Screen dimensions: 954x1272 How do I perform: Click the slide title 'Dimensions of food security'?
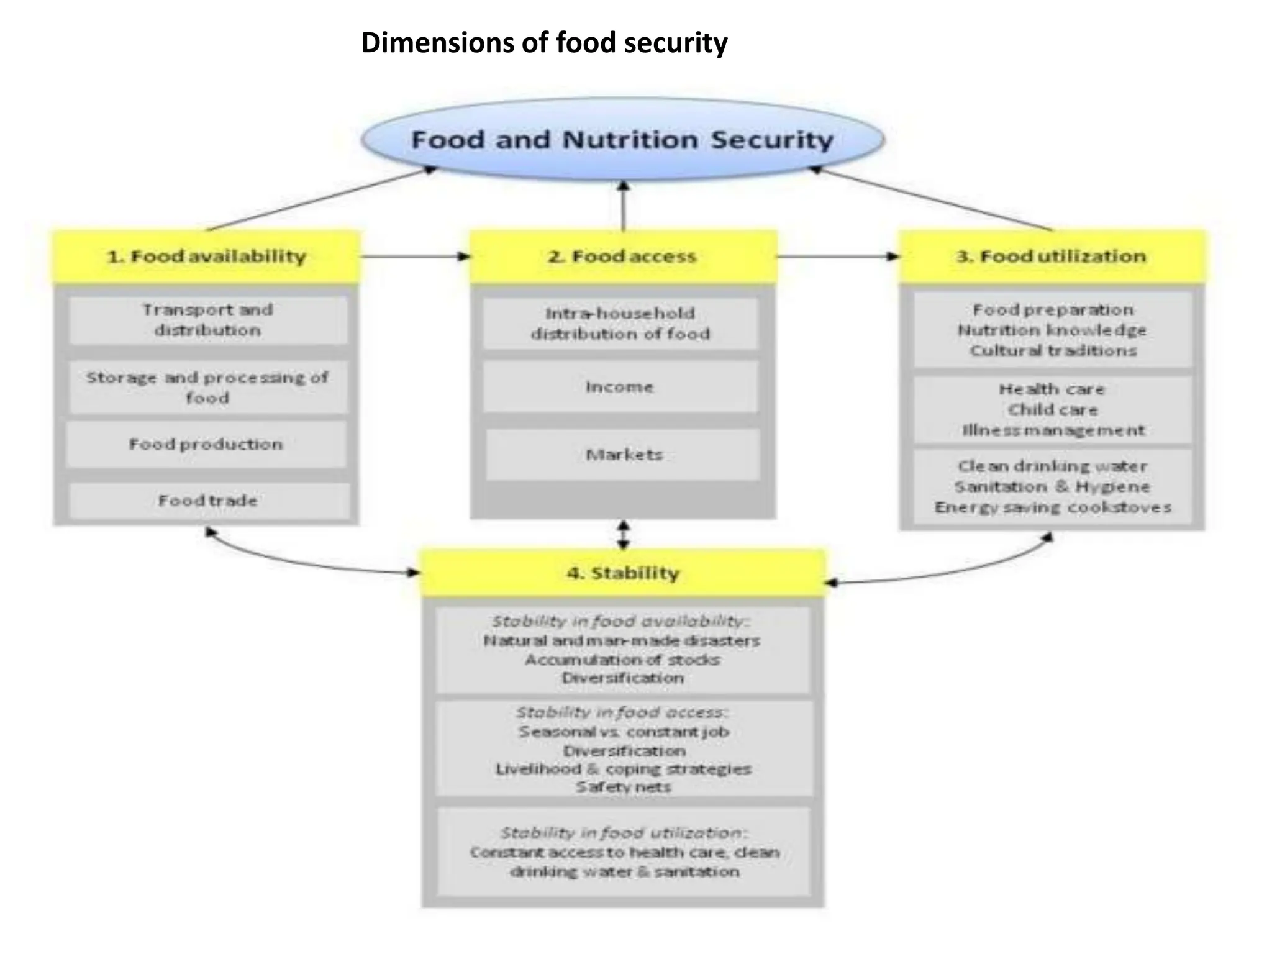(x=544, y=43)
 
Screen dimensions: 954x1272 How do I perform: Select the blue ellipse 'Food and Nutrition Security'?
(x=622, y=139)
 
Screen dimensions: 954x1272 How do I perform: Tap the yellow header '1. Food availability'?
(x=206, y=257)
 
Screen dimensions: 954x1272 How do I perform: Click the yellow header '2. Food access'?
(x=622, y=257)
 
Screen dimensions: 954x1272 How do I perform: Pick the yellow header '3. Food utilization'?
(x=1052, y=257)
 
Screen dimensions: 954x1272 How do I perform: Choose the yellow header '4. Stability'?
(x=623, y=573)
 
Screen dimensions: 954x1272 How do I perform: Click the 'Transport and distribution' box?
(x=207, y=320)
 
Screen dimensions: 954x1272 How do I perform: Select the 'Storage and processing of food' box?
(x=207, y=388)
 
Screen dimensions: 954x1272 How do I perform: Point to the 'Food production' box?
(x=206, y=444)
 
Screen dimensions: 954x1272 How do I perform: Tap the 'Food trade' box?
(x=207, y=501)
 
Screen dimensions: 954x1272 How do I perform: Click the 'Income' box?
(x=620, y=387)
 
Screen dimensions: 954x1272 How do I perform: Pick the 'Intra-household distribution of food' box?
(x=620, y=324)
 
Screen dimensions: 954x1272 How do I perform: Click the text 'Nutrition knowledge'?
(x=1052, y=330)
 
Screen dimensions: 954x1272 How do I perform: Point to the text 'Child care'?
(x=1053, y=410)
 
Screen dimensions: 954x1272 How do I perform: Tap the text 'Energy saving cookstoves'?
(x=1053, y=507)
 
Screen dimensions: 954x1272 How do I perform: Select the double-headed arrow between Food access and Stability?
(x=624, y=535)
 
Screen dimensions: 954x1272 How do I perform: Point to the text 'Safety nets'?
(x=623, y=787)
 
